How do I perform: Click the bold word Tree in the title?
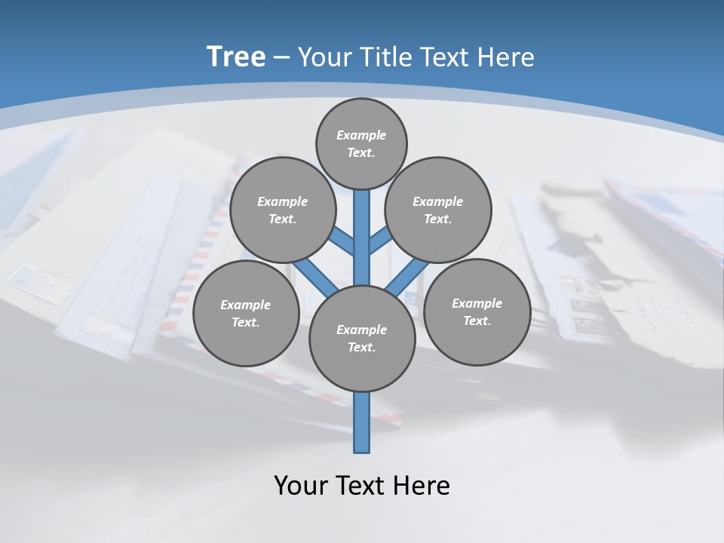click(236, 57)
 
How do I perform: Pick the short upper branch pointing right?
click(379, 241)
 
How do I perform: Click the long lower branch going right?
click(407, 276)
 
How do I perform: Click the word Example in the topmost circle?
click(360, 135)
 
